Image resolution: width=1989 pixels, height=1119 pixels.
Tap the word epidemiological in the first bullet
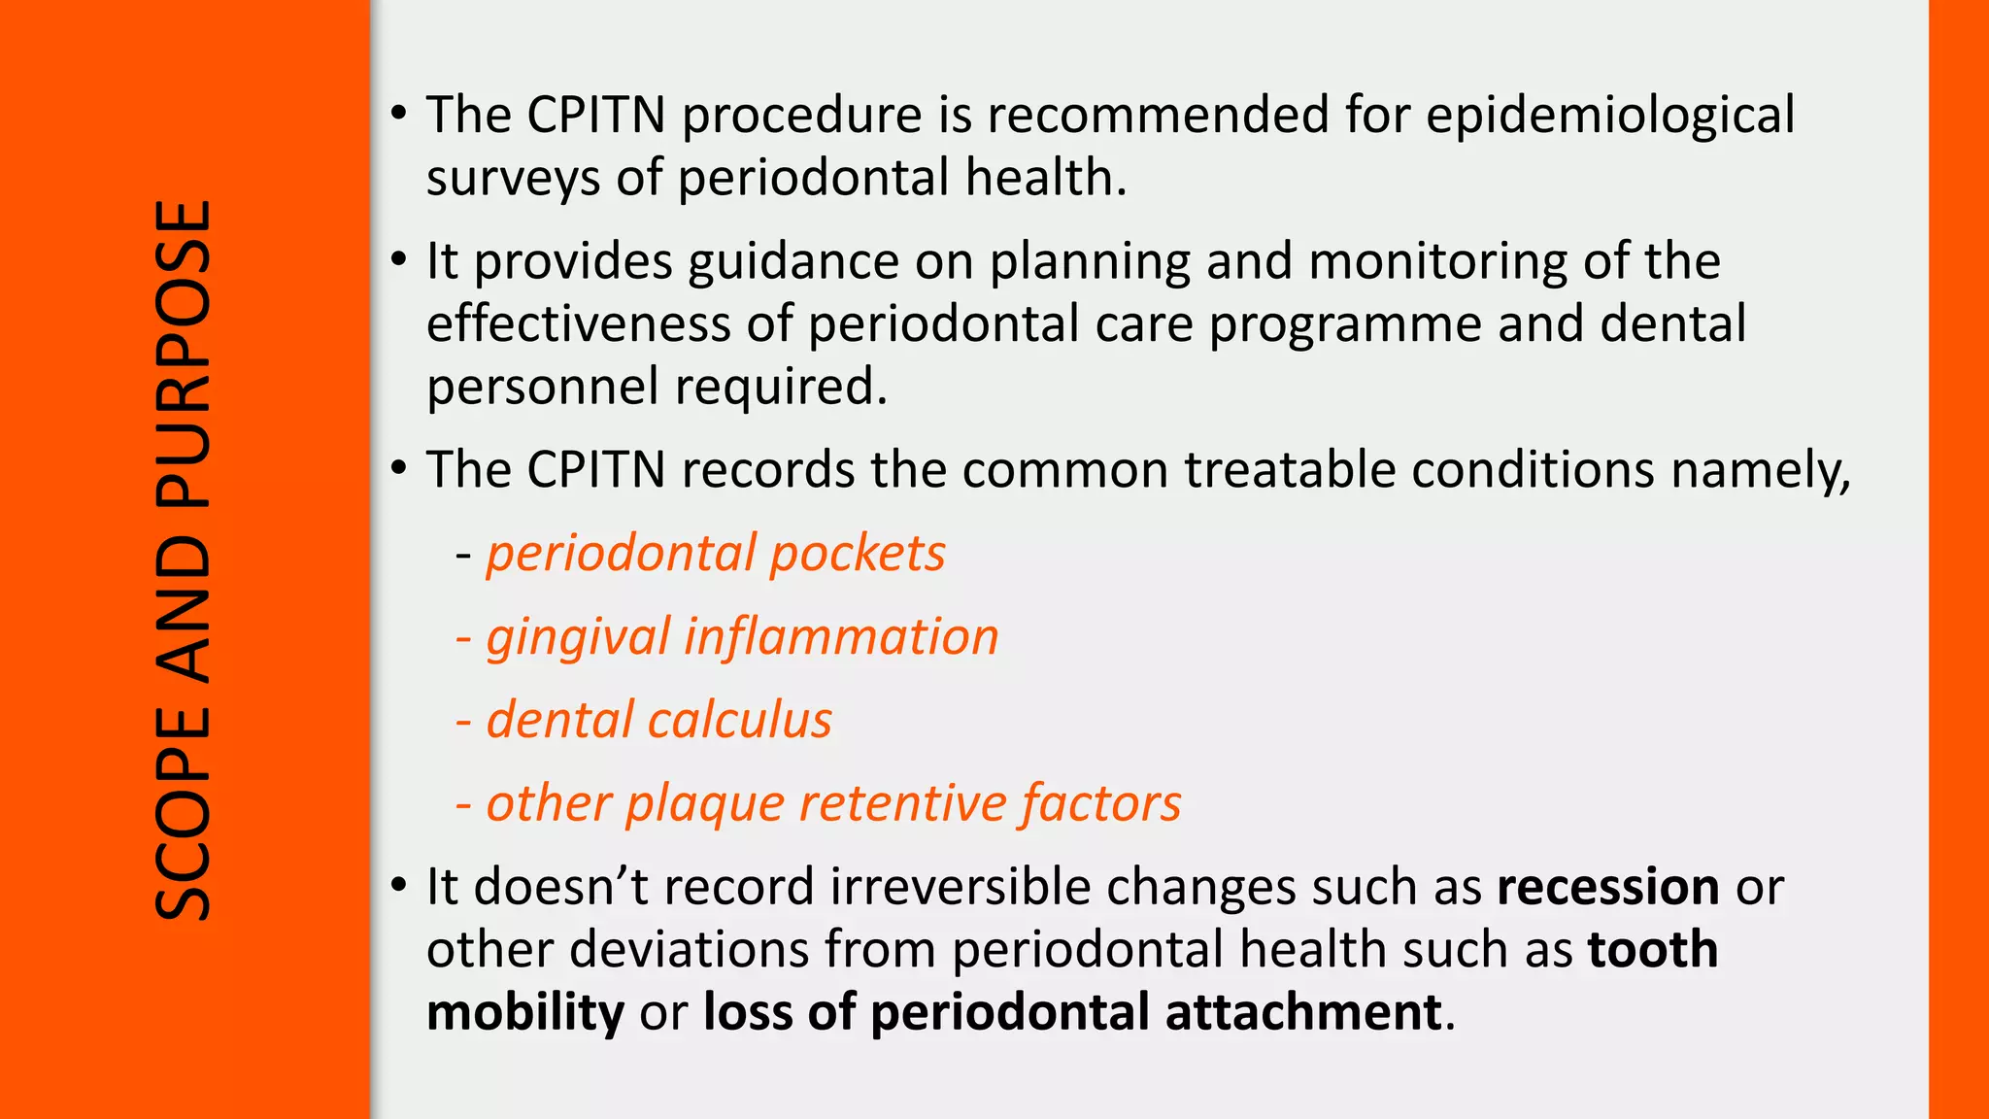pos(1609,116)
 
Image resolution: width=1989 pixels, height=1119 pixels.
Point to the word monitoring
pos(1437,262)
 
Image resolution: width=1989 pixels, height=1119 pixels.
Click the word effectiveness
pos(578,323)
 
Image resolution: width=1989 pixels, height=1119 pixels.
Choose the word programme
pos(1344,325)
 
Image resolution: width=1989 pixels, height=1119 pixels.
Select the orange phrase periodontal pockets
pos(715,554)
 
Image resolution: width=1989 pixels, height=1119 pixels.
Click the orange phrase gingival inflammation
pos(742,638)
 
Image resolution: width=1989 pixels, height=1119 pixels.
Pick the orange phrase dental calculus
pos(658,721)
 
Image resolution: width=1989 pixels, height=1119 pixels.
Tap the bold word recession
pos(1607,887)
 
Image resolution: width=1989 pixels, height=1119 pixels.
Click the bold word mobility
pos(525,1012)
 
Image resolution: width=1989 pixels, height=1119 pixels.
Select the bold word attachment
pos(1302,1012)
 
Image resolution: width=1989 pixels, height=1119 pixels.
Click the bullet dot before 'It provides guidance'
pos(398,260)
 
